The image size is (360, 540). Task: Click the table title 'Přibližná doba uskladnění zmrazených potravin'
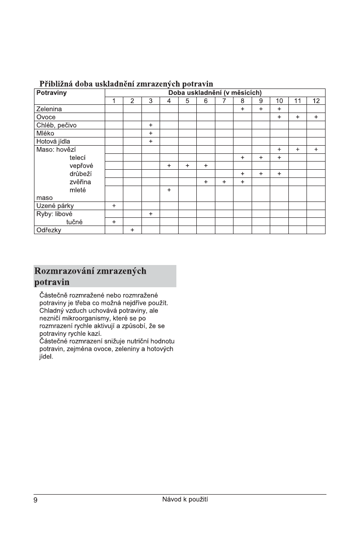pyautogui.click(x=126, y=84)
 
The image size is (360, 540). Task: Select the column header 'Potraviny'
pyautogui.click(x=51, y=93)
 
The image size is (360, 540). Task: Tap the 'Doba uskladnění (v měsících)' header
pyautogui.click(x=215, y=93)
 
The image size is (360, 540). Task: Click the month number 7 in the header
pyautogui.click(x=224, y=101)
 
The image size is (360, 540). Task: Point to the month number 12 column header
pyautogui.click(x=316, y=101)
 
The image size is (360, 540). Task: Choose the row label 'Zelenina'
pyautogui.click(x=49, y=109)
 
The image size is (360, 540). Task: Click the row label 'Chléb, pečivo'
pyautogui.click(x=57, y=125)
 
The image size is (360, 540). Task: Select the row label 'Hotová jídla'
pyautogui.click(x=53, y=141)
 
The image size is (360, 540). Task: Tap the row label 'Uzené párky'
pyautogui.click(x=55, y=206)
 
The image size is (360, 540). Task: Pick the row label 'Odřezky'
pyautogui.click(x=49, y=230)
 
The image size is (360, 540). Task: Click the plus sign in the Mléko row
pyautogui.click(x=151, y=133)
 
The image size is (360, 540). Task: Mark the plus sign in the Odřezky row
pyautogui.click(x=132, y=230)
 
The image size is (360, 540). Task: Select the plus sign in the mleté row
pyautogui.click(x=169, y=190)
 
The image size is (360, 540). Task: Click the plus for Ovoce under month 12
pyautogui.click(x=316, y=117)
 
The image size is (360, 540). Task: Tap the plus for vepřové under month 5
pyautogui.click(x=187, y=166)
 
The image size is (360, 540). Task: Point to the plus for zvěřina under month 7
pyautogui.click(x=224, y=182)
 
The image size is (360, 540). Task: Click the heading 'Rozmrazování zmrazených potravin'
pyautogui.click(x=91, y=276)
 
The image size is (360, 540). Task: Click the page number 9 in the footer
pyautogui.click(x=35, y=500)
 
